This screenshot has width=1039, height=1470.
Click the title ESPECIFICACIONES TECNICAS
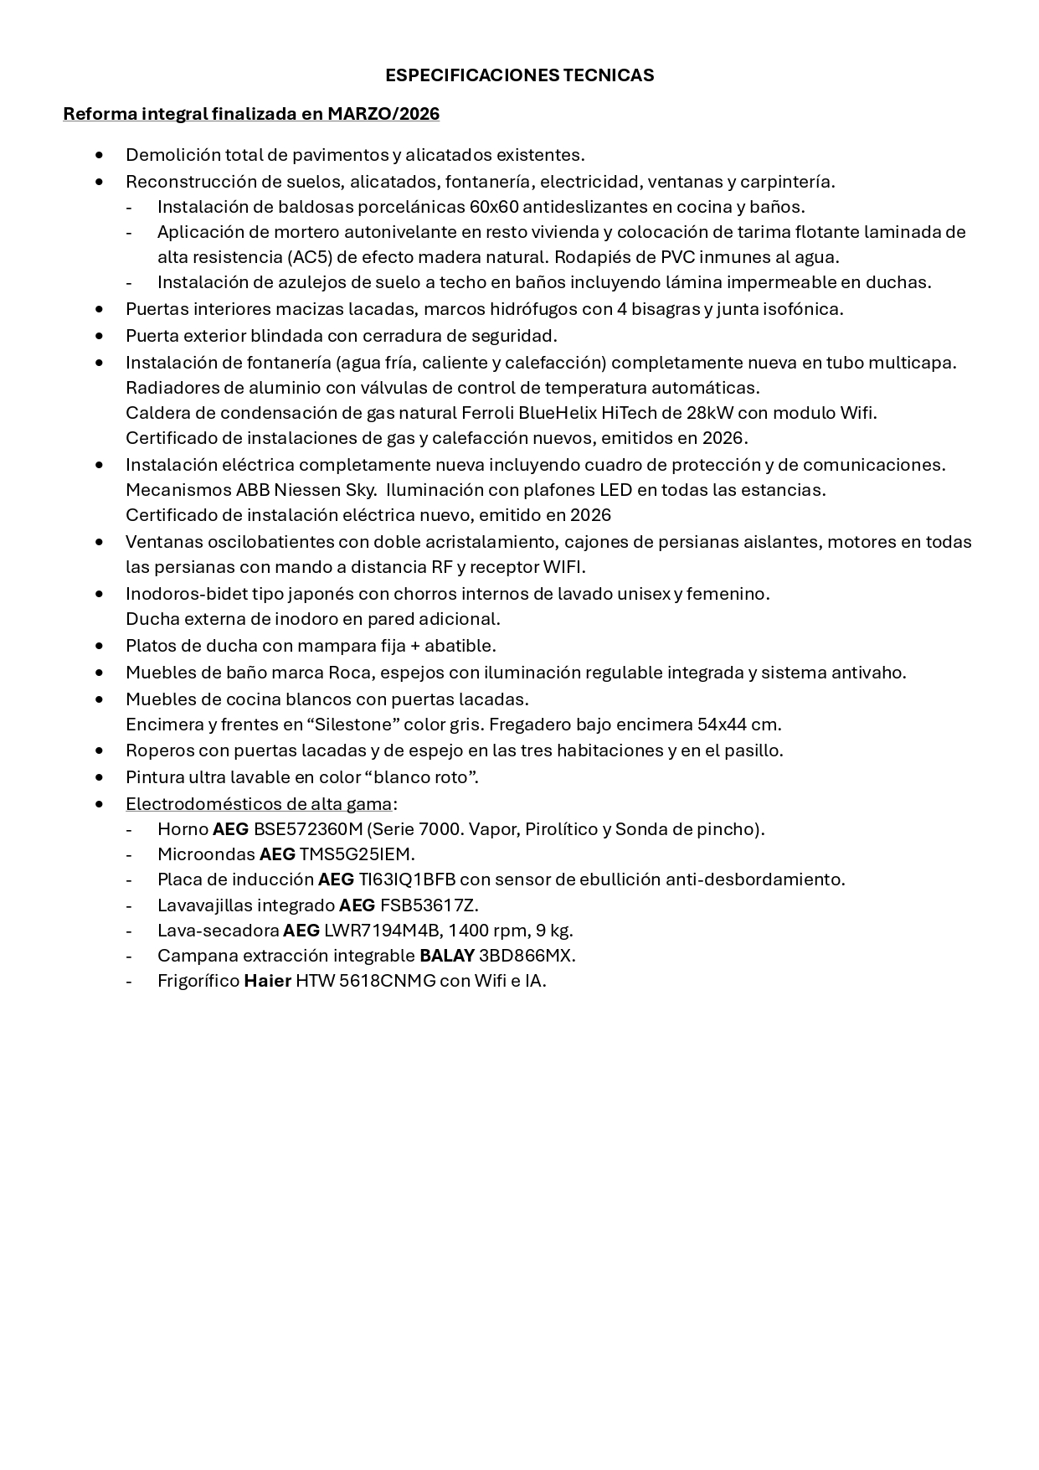pos(519,75)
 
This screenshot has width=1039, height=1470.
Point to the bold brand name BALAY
pos(447,956)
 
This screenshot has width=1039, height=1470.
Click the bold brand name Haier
pos(267,981)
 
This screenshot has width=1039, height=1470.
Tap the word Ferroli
pos(487,413)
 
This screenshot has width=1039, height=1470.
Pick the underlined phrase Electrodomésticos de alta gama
pos(259,804)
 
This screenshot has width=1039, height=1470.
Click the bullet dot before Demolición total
pos(100,155)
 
